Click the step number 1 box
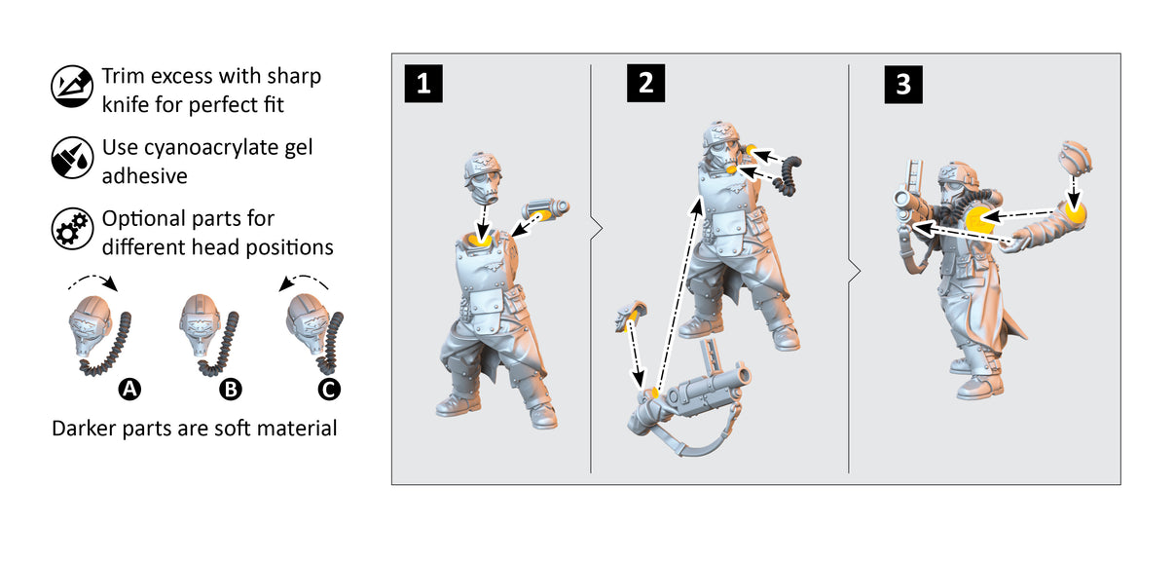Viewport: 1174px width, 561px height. click(423, 84)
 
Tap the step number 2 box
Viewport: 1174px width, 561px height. click(645, 84)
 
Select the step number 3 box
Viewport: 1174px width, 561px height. click(903, 84)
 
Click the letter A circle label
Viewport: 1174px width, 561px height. click(128, 390)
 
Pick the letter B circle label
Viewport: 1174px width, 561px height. click(230, 390)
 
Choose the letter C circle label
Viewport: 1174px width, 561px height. click(329, 390)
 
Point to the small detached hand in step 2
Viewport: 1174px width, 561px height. click(628, 316)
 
